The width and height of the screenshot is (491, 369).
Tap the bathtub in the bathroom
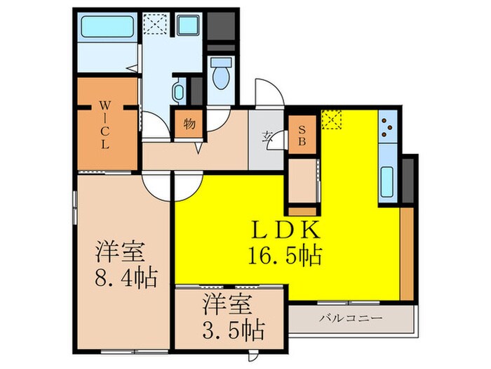[x=106, y=27]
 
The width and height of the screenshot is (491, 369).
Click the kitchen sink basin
[x=388, y=181]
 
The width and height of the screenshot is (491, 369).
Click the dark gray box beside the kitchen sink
[x=408, y=179]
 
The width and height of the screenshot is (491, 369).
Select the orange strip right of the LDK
[x=406, y=254]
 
